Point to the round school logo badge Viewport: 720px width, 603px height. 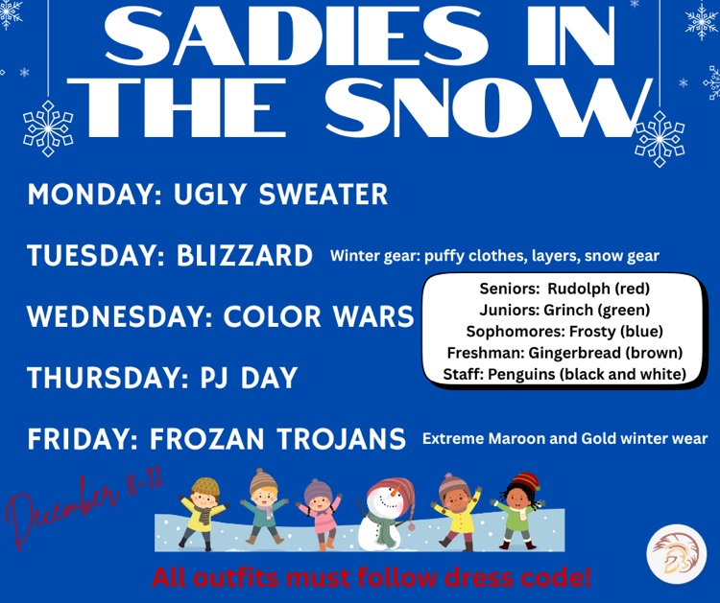[676, 554]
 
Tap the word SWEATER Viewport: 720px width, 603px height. [327, 195]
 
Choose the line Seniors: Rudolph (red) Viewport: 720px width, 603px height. [564, 288]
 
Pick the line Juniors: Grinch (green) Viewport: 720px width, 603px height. [564, 309]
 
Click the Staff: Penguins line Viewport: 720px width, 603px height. [564, 374]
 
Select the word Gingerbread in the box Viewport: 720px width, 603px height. [576, 352]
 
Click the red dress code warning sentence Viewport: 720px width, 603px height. [372, 578]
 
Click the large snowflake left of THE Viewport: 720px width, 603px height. [48, 128]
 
